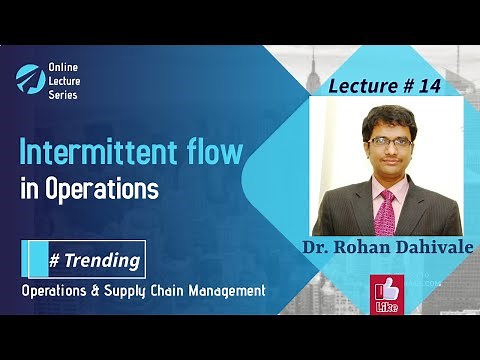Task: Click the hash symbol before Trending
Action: (55, 260)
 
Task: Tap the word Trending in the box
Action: (102, 260)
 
